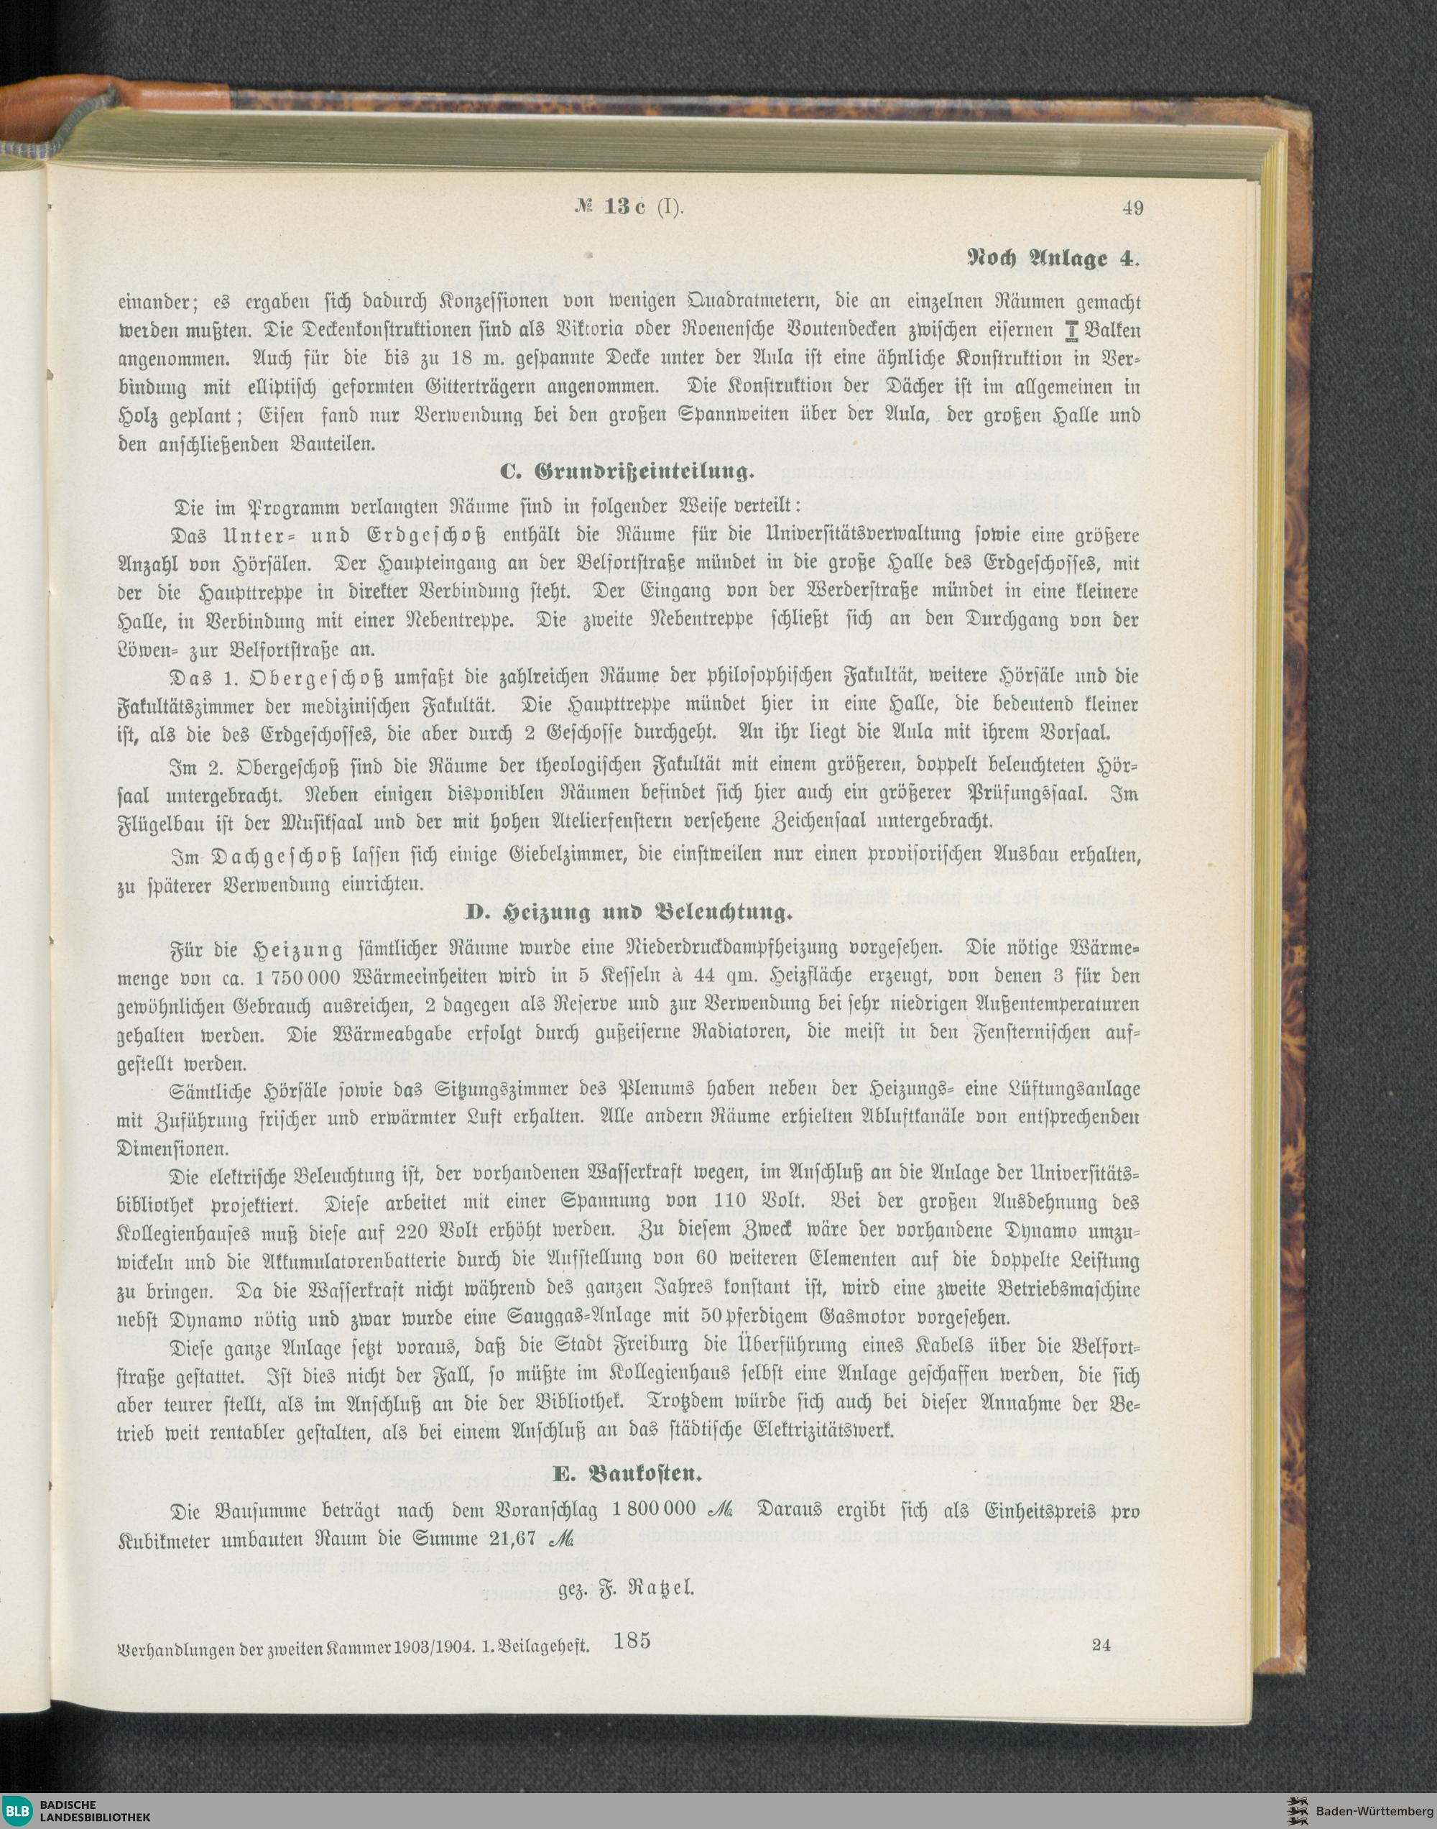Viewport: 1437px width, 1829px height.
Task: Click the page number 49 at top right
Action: click(1132, 208)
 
